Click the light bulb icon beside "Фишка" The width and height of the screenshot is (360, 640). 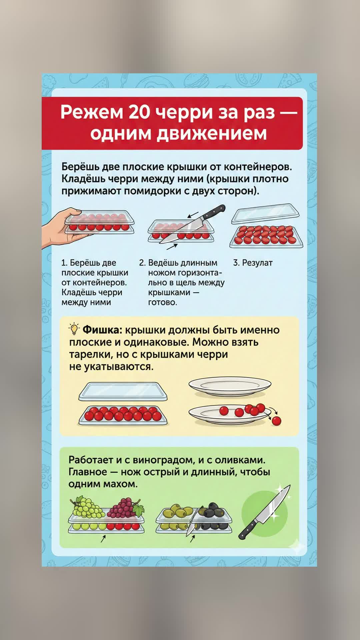74,329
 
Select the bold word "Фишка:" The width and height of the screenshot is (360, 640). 103,330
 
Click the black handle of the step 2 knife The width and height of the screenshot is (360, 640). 213,212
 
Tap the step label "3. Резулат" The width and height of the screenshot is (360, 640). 253,263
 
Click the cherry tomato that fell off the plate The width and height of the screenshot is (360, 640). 276,421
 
